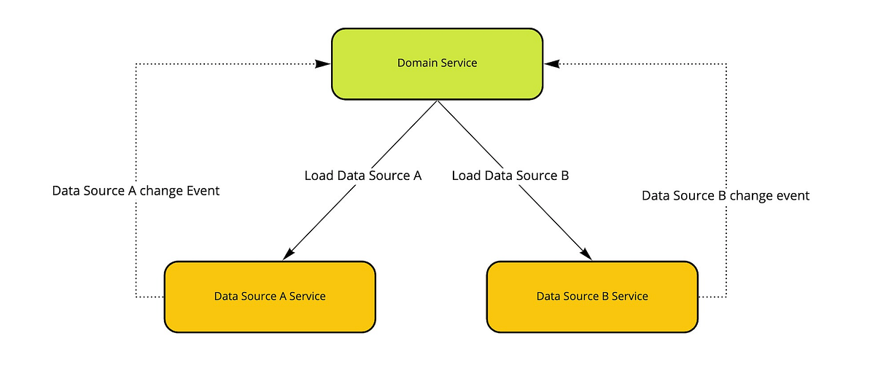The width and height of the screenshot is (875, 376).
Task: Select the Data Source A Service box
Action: [270, 297]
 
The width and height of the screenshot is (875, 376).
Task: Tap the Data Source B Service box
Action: [592, 297]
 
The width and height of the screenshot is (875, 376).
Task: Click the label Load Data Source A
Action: [363, 176]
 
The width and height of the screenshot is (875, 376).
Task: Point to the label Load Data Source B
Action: [510, 176]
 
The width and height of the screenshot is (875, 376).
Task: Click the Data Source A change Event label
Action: [136, 191]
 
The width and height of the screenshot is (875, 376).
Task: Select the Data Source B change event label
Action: [726, 196]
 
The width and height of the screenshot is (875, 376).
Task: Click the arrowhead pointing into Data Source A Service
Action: [288, 253]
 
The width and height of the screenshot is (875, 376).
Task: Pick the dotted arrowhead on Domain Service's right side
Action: [551, 64]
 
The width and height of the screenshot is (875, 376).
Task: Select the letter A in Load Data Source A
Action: [417, 176]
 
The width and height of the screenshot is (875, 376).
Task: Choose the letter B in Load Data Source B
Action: [564, 176]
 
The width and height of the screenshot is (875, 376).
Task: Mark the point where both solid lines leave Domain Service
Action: [437, 101]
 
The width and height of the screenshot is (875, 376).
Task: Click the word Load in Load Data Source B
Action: [465, 176]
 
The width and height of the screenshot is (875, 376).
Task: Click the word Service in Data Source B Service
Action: [631, 297]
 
